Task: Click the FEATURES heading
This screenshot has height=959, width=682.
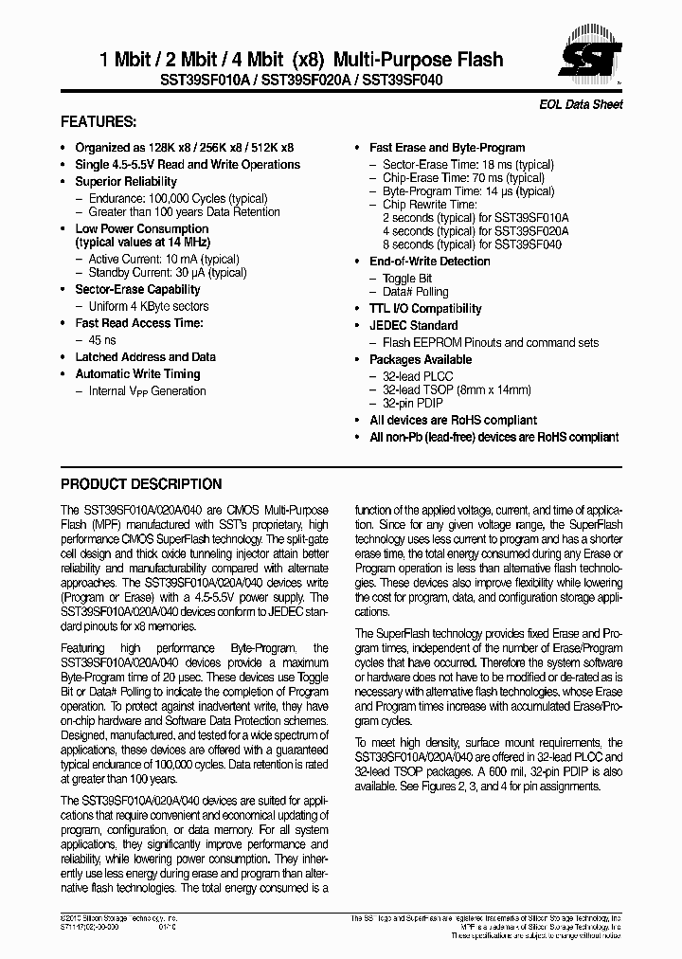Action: [x=99, y=122]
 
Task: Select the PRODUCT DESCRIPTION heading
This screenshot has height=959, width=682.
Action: [x=141, y=483]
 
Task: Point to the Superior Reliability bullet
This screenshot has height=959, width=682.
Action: [x=126, y=181]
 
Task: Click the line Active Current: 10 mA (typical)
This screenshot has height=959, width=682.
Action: [x=163, y=259]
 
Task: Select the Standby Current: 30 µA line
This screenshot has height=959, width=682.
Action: [x=167, y=273]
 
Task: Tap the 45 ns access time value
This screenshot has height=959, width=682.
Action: [x=102, y=339]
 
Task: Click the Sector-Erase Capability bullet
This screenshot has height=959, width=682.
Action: [x=137, y=289]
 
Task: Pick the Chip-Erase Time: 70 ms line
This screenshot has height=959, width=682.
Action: [x=463, y=177]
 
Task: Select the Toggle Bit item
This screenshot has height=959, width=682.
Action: [x=406, y=279]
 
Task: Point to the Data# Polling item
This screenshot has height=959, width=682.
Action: [x=415, y=292]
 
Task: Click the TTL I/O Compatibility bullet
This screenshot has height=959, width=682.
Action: [x=425, y=308]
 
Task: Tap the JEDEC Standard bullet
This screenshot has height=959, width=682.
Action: [x=413, y=325]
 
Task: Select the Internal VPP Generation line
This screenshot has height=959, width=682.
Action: [x=147, y=390]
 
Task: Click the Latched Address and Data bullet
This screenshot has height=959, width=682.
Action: [x=145, y=356]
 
